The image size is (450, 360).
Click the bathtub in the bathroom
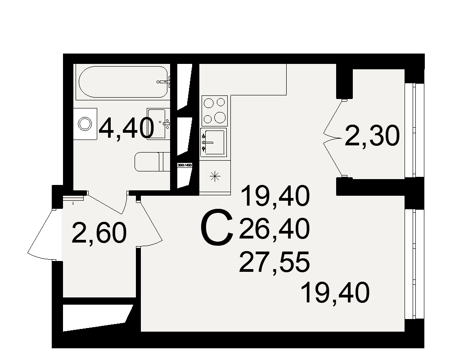click(x=123, y=82)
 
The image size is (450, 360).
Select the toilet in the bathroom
click(x=153, y=162)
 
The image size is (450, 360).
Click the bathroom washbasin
click(x=158, y=124)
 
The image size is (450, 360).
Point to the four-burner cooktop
click(x=215, y=111)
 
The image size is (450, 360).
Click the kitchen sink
click(x=213, y=142)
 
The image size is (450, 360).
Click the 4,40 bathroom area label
click(x=126, y=128)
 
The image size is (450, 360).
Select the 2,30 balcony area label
click(x=372, y=136)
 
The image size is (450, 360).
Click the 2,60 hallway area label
click(x=99, y=233)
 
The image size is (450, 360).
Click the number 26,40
click(x=274, y=229)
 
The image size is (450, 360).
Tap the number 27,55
click(x=274, y=262)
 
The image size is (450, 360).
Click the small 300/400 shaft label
click(x=184, y=165)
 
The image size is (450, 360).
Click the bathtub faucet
click(x=164, y=82)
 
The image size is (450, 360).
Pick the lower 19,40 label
click(x=335, y=292)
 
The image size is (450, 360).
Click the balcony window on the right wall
click(x=414, y=130)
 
